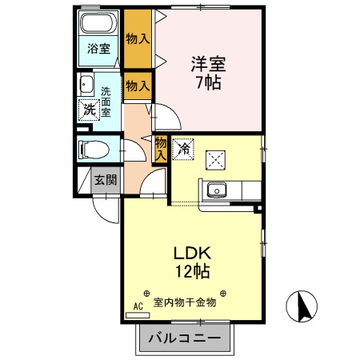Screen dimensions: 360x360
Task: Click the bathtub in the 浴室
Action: click(99, 23)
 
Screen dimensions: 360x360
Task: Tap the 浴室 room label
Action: click(98, 49)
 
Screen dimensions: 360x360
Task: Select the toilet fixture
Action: click(94, 150)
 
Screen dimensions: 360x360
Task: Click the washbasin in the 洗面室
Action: click(86, 84)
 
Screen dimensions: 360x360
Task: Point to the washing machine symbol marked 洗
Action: click(89, 109)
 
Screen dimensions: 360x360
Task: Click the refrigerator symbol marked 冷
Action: click(183, 149)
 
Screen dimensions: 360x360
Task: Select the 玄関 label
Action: click(106, 180)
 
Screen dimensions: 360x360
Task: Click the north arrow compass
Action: click(302, 306)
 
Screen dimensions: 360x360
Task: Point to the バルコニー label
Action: click(185, 338)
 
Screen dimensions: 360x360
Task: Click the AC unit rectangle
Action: click(138, 315)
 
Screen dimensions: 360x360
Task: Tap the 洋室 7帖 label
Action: click(208, 73)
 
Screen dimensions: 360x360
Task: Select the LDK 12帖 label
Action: click(192, 262)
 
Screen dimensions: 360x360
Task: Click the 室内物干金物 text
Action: click(185, 302)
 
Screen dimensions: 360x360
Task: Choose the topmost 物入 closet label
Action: click(138, 39)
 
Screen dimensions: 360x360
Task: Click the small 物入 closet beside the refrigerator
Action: click(161, 150)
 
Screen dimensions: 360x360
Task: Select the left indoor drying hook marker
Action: click(146, 294)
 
